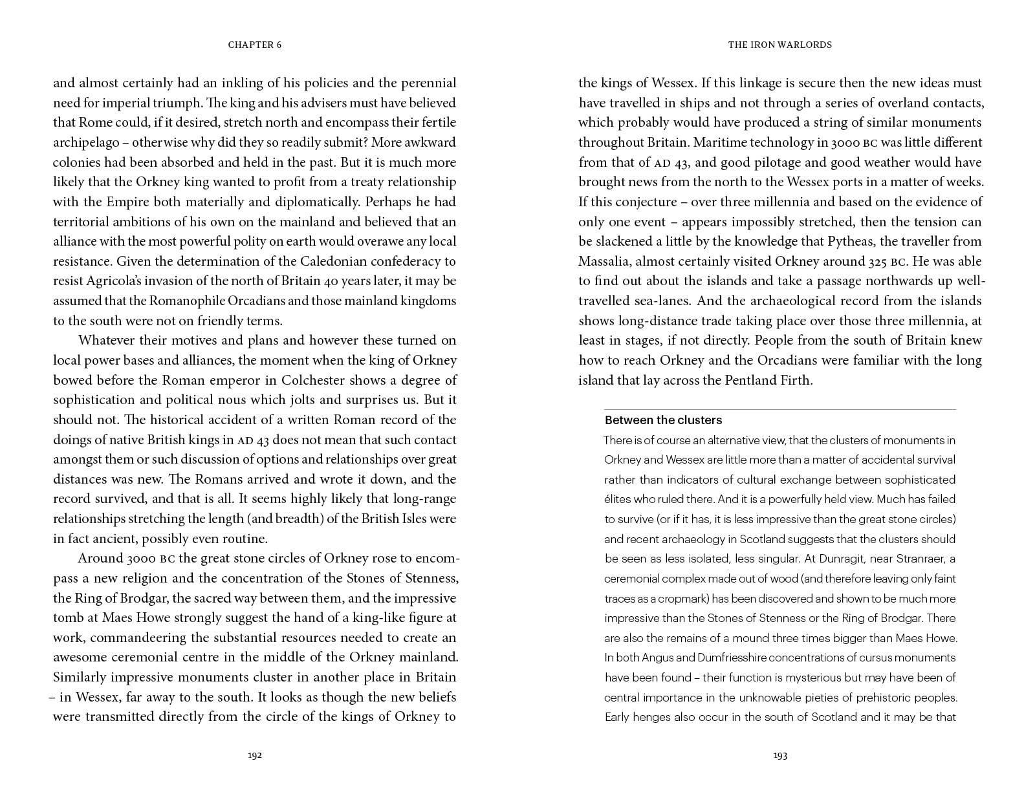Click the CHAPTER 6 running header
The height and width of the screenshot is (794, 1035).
(x=255, y=45)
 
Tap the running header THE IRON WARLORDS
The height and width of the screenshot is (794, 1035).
(x=780, y=45)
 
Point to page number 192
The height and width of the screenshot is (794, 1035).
(x=255, y=755)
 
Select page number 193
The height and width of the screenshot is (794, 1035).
(x=780, y=755)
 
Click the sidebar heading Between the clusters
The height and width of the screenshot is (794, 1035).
(x=663, y=420)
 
